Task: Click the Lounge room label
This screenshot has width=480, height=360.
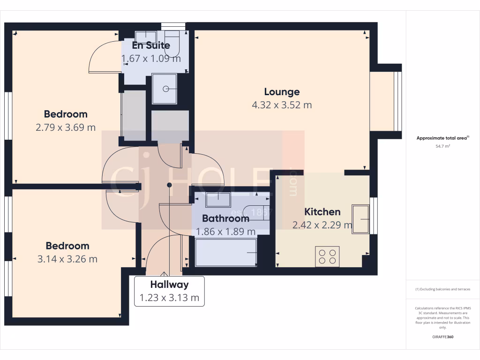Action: tap(282, 92)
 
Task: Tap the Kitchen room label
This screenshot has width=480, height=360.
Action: tap(322, 212)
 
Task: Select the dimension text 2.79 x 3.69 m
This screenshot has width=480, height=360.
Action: tap(66, 127)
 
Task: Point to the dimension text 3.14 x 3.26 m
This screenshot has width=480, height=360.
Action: tap(67, 259)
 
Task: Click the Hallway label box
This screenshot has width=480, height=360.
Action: tap(169, 291)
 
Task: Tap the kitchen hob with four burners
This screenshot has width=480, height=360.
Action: tap(327, 257)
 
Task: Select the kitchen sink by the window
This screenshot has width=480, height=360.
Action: tap(360, 218)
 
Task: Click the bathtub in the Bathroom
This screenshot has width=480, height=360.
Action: tap(226, 253)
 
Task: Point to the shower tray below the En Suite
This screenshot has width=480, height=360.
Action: tap(164, 89)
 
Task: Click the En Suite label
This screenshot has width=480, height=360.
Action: tap(151, 46)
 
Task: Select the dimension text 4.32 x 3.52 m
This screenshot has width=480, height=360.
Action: tap(282, 105)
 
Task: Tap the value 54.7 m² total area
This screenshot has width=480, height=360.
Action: tap(442, 146)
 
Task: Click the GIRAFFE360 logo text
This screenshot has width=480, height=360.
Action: tap(442, 337)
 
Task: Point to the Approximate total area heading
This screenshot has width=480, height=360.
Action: tap(442, 138)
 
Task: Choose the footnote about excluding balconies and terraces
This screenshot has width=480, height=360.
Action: tap(442, 289)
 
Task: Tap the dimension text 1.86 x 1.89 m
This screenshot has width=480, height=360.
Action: tap(225, 232)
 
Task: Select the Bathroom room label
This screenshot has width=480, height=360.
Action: tap(225, 218)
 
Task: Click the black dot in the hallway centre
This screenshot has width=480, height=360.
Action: tap(169, 185)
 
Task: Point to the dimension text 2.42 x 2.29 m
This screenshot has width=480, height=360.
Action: tap(322, 225)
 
